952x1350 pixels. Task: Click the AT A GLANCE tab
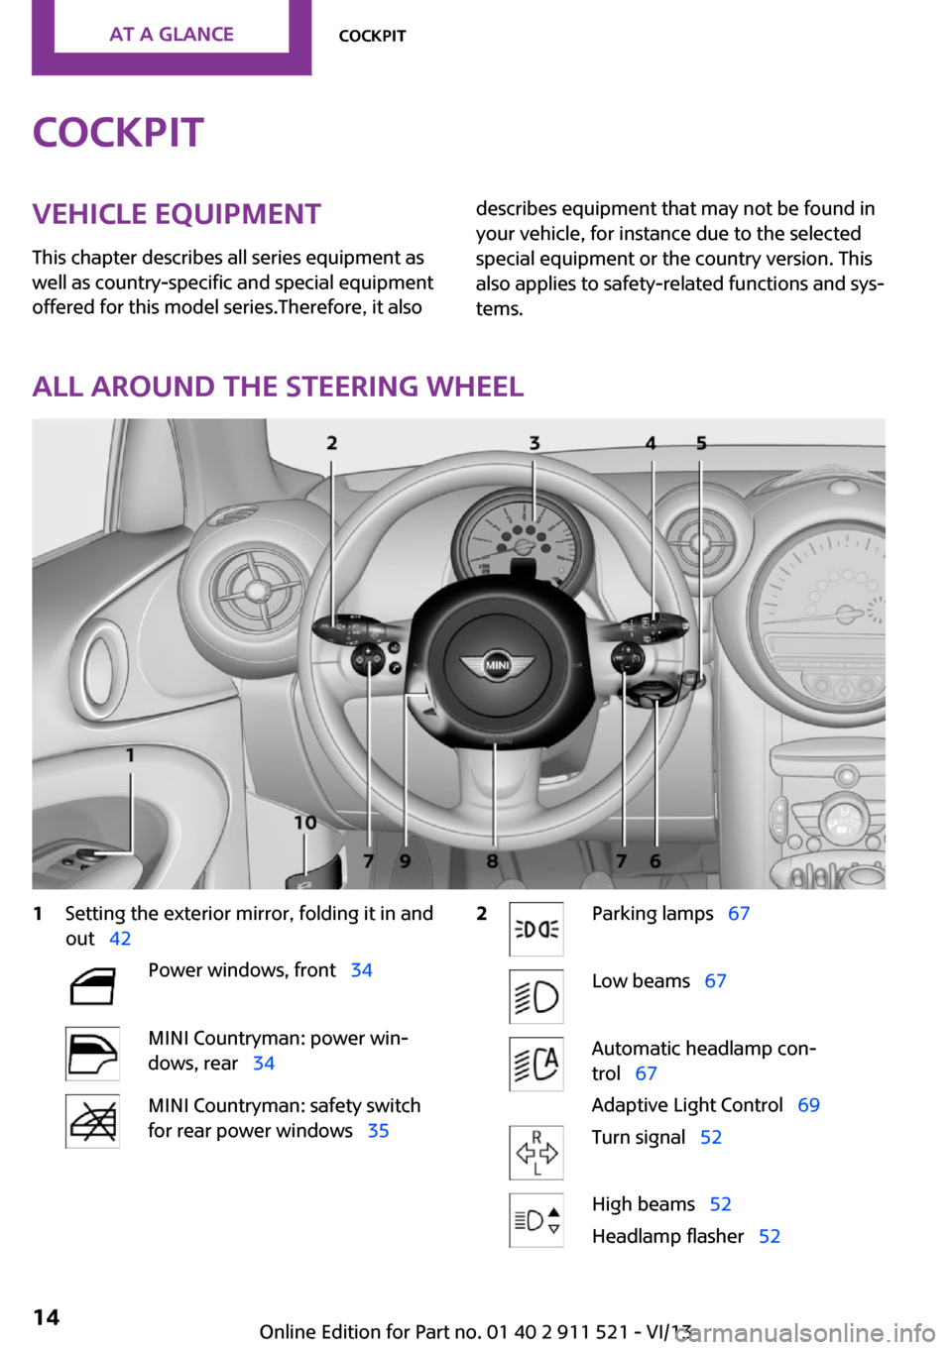[172, 35]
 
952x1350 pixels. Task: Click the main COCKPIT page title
[118, 133]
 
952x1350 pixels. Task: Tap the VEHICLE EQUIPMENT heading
[177, 214]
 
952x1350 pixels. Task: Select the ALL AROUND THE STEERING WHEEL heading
[278, 387]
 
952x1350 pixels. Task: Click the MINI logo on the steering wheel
[497, 665]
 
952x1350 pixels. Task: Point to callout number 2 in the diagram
[332, 443]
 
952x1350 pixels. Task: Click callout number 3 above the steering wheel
[535, 443]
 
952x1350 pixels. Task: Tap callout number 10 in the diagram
[304, 823]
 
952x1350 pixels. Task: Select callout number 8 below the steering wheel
[493, 861]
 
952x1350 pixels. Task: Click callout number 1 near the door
[130, 755]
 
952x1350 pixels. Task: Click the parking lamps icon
[536, 929]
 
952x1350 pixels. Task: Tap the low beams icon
[536, 996]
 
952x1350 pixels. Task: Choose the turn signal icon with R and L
[536, 1153]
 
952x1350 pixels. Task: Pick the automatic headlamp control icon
[536, 1064]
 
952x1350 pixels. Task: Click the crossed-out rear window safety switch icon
[92, 1121]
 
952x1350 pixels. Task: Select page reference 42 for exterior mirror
[120, 939]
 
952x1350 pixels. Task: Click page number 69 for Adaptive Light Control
[809, 1105]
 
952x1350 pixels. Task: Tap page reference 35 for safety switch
[378, 1131]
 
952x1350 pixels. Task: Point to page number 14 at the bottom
[47, 1316]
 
